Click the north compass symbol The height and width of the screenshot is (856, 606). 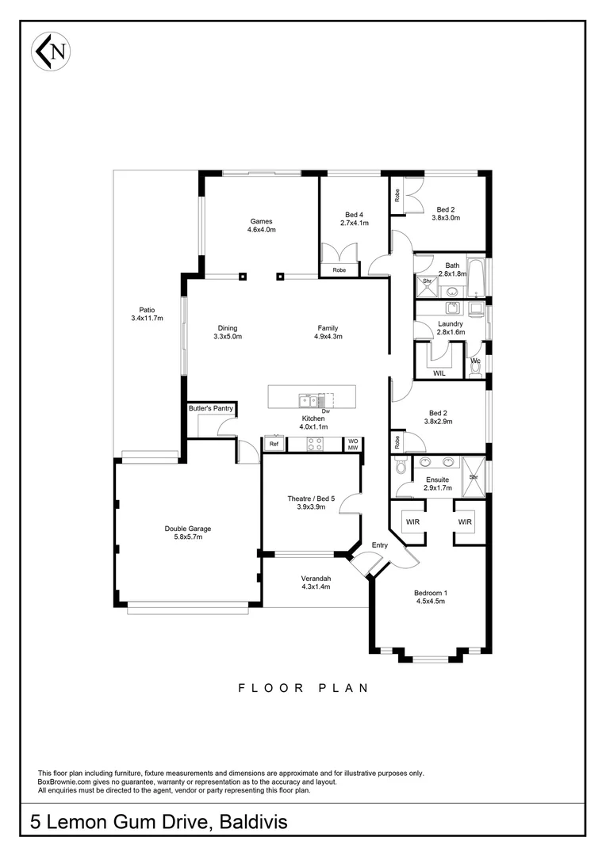(x=50, y=52)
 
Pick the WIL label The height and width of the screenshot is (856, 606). (x=439, y=372)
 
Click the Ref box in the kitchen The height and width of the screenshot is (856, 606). (x=274, y=445)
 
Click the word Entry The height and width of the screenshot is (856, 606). (x=380, y=545)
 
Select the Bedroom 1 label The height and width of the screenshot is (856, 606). (x=431, y=597)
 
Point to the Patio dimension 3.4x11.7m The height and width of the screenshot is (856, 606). (x=147, y=319)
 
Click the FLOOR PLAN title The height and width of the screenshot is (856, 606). (x=303, y=688)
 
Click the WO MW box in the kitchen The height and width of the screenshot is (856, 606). (x=353, y=444)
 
